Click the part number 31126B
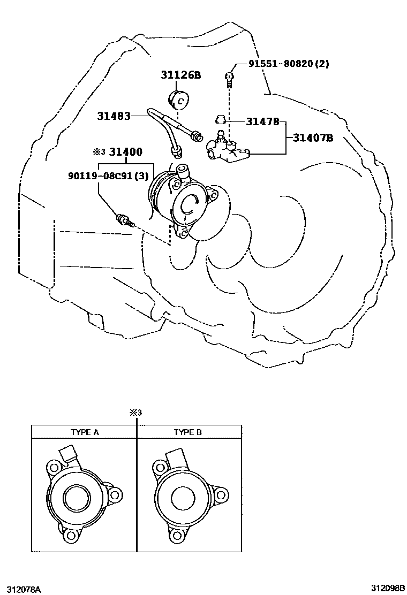click(180, 75)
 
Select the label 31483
click(114, 116)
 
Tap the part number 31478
click(262, 121)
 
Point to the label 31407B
click(313, 139)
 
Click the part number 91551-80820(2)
click(288, 64)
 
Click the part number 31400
click(126, 152)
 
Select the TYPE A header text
click(85, 432)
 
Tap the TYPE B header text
click(187, 432)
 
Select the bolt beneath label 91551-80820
click(229, 79)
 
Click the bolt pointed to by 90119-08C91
click(124, 220)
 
